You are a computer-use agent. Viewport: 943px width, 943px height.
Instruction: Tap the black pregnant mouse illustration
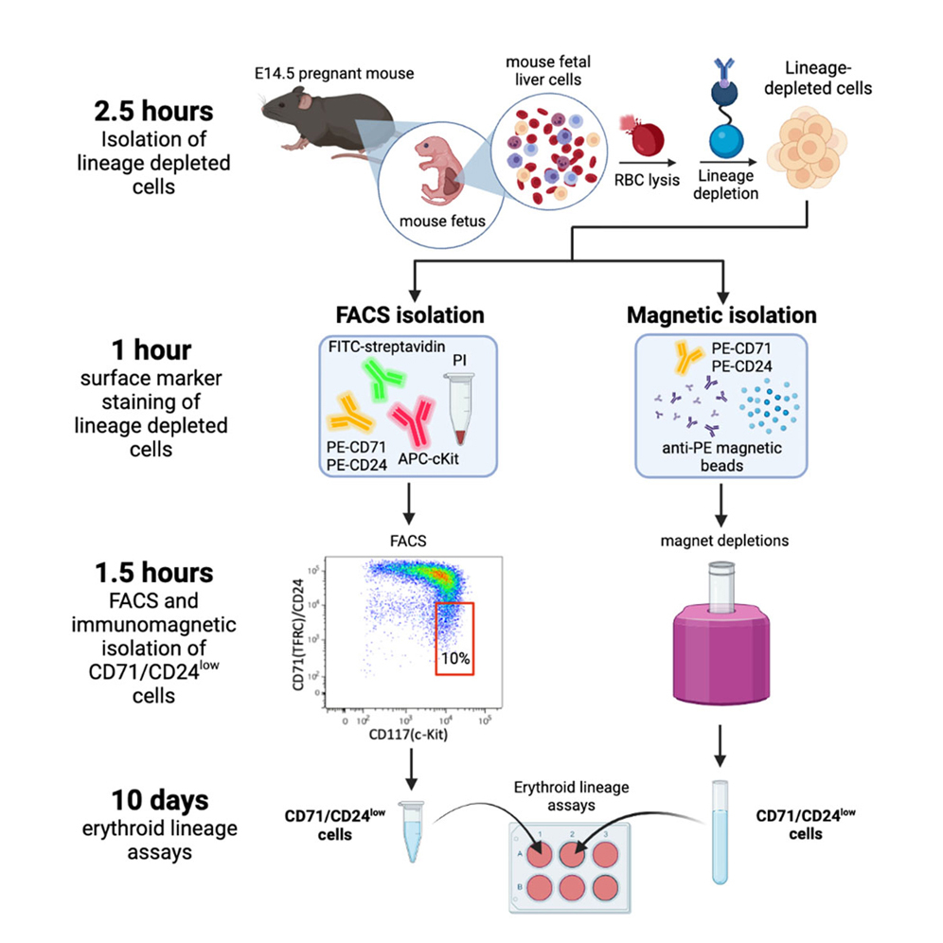point(312,116)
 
